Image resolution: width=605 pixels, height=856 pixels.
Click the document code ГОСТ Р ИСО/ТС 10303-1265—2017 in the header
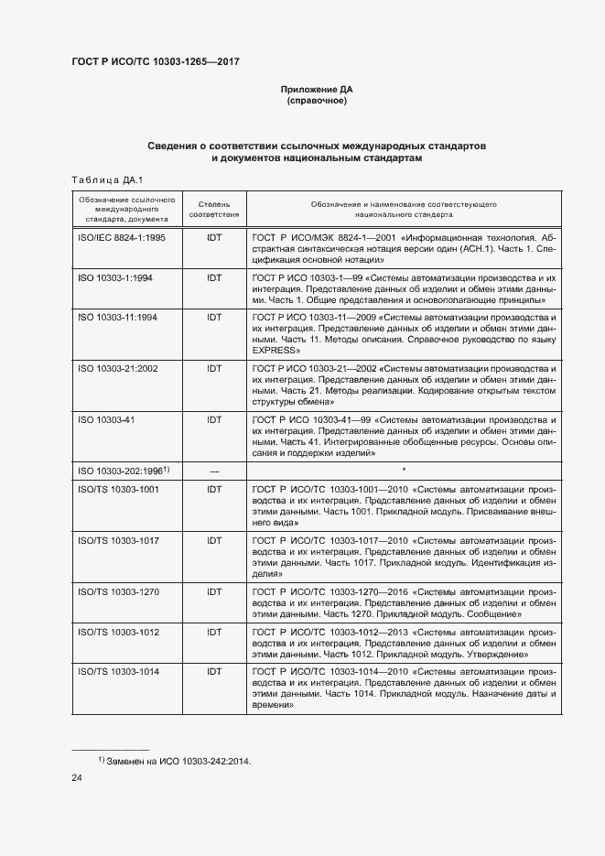(157, 62)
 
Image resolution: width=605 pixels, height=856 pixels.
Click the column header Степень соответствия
(214, 210)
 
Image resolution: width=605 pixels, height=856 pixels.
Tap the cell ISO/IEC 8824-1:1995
(122, 237)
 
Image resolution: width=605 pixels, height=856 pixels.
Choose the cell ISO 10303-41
(106, 420)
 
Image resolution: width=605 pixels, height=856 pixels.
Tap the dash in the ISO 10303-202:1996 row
(214, 471)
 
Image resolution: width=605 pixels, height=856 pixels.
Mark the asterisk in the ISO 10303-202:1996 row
(404, 471)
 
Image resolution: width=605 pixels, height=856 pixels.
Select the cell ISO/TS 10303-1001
(119, 490)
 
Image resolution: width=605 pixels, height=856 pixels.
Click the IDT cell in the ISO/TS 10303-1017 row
(214, 541)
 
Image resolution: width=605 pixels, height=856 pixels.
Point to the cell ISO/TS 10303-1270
(119, 592)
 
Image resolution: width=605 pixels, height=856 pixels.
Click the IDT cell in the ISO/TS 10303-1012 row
(214, 632)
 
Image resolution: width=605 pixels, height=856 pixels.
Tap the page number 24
(77, 778)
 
